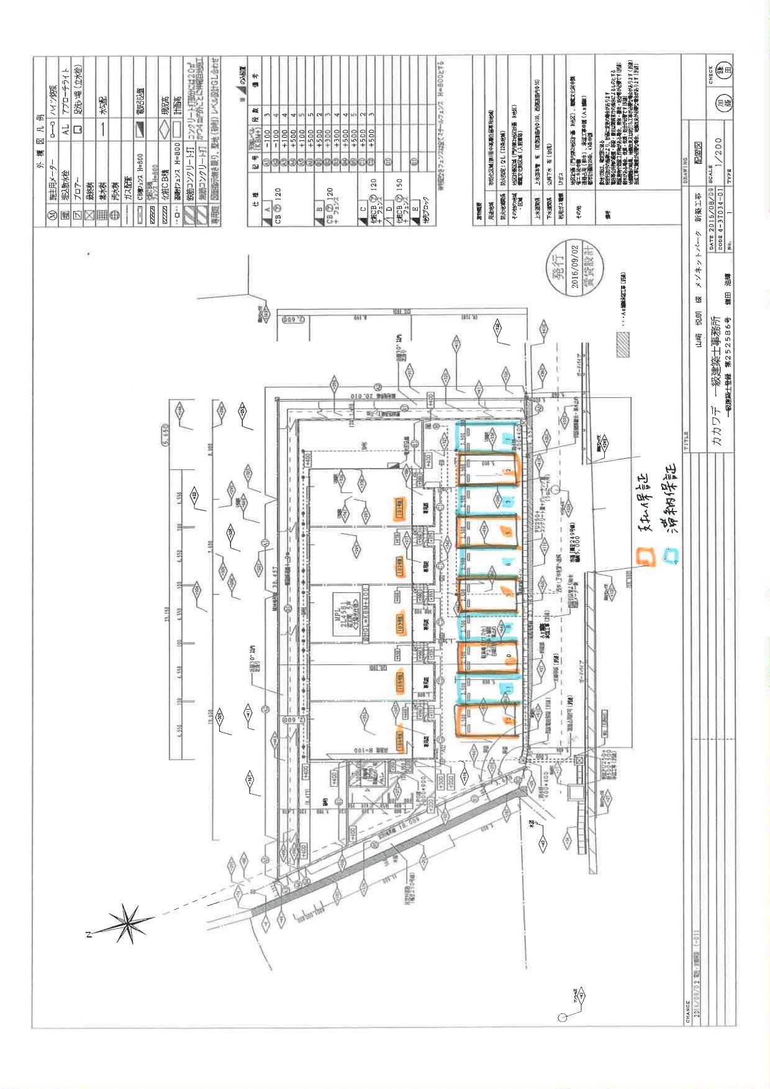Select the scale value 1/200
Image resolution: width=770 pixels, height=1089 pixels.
tap(720, 159)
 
